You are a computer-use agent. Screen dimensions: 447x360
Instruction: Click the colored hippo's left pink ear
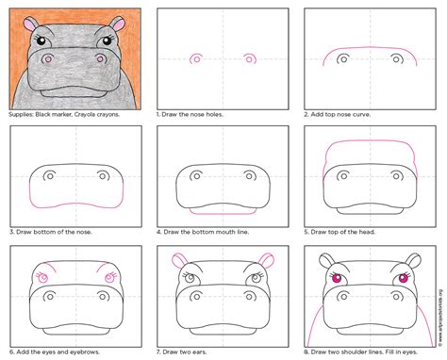tap(31, 24)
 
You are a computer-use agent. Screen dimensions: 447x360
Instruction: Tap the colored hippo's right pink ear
tap(118, 24)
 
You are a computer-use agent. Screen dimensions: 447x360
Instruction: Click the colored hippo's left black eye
tap(41, 41)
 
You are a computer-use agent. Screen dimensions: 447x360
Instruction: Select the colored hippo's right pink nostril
tap(100, 58)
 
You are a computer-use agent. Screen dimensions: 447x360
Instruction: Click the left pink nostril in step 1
tap(196, 58)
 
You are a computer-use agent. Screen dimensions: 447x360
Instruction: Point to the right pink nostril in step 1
tap(250, 58)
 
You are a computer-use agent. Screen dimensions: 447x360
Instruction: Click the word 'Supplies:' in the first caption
tap(22, 115)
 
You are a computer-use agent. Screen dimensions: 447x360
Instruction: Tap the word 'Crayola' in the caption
tap(86, 114)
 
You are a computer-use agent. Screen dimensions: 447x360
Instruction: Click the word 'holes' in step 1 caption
tap(214, 114)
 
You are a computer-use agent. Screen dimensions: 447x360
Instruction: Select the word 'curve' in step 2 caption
tap(362, 114)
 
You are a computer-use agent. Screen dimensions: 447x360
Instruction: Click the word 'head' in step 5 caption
tap(368, 232)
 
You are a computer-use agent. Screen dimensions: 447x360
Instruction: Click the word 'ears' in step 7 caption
tap(199, 352)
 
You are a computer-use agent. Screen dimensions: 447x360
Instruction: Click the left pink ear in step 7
tap(180, 260)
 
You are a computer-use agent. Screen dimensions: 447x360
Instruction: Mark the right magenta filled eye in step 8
tap(404, 278)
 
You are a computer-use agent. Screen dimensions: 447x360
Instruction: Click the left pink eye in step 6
tap(42, 278)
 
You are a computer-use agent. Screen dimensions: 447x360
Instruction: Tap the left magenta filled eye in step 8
tap(337, 278)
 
